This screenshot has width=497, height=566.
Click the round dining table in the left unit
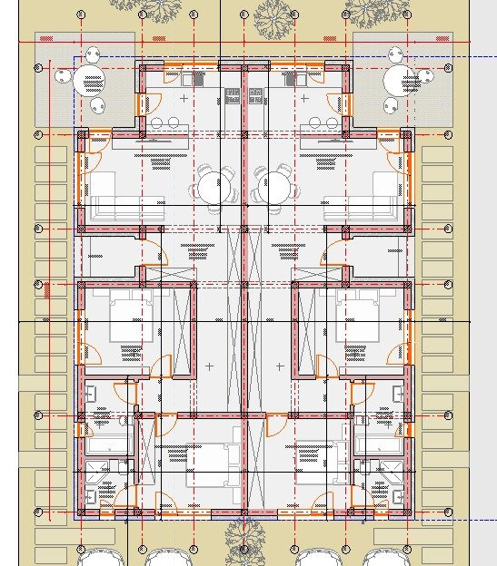[211, 188]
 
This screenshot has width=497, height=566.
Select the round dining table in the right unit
[274, 188]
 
